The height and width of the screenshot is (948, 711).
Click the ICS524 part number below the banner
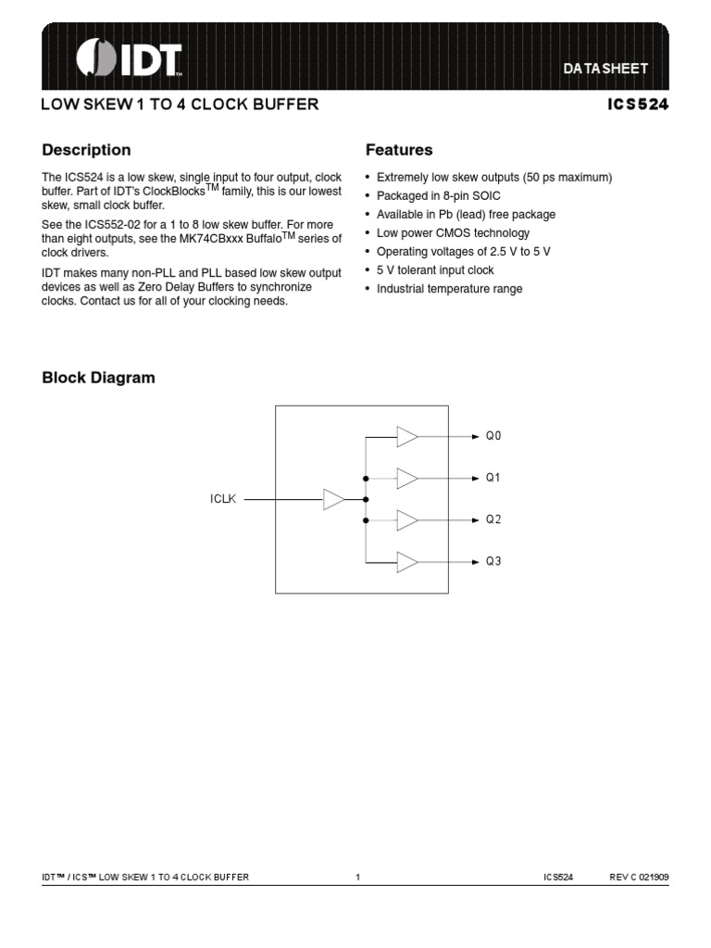(638, 105)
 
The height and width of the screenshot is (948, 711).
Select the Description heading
(86, 150)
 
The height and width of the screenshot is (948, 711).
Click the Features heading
(399, 150)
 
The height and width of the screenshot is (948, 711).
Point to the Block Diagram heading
(99, 378)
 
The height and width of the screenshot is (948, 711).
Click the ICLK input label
(223, 500)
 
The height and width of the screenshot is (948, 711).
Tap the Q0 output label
(493, 436)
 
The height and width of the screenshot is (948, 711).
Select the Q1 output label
(493, 478)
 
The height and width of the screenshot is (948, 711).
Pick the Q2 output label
(493, 519)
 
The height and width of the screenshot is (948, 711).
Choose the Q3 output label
(493, 561)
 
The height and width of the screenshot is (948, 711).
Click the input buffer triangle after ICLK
(333, 500)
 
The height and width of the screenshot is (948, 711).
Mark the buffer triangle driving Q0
(407, 436)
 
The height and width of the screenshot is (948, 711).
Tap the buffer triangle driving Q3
(407, 561)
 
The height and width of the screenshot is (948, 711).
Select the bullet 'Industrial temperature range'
(449, 289)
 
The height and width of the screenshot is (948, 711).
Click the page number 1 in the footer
(357, 877)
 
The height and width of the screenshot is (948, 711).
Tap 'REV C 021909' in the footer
(638, 877)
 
